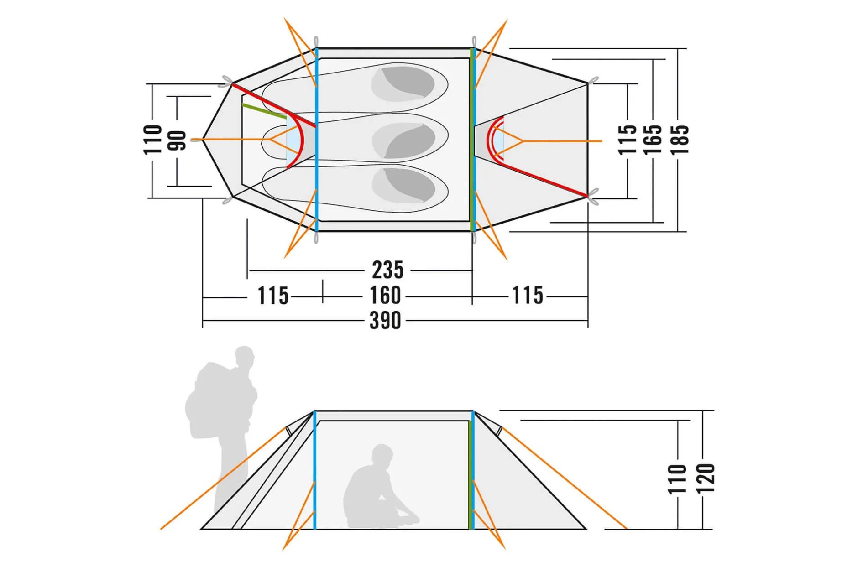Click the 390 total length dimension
point(385,320)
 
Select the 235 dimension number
point(387,270)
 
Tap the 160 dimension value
point(385,295)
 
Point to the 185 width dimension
point(680,139)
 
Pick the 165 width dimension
point(653,139)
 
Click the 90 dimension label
point(177,140)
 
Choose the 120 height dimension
point(705,478)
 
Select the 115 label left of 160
point(273,296)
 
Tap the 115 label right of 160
point(528,295)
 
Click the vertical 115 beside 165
point(627,139)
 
